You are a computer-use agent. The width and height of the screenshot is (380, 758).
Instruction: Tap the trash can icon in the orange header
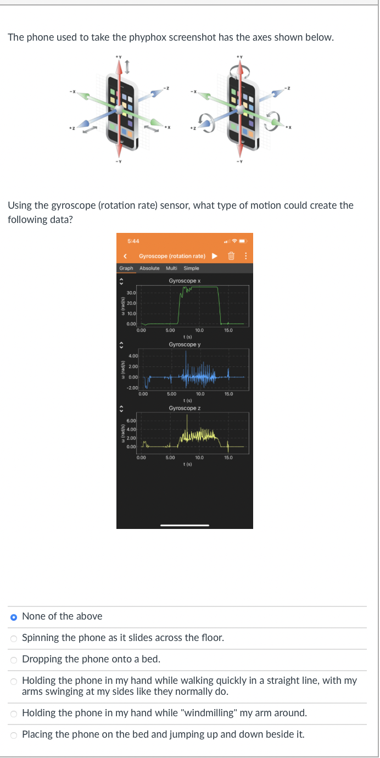(231, 256)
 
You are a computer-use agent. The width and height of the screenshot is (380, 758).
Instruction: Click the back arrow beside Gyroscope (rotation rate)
(126, 256)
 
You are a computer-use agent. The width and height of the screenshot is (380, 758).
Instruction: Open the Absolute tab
(149, 268)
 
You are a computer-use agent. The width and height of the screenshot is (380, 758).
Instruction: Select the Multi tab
(172, 268)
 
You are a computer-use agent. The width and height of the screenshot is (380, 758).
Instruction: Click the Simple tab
(191, 268)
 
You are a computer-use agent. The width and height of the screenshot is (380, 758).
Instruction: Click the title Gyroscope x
(185, 281)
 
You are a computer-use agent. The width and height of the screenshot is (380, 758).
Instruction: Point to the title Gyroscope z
(185, 408)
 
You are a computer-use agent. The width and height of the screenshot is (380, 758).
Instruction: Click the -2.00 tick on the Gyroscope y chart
(132, 388)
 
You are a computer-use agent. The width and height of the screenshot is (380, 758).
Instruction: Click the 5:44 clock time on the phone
(132, 241)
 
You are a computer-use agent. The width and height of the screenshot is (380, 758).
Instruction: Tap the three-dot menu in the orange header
(245, 256)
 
